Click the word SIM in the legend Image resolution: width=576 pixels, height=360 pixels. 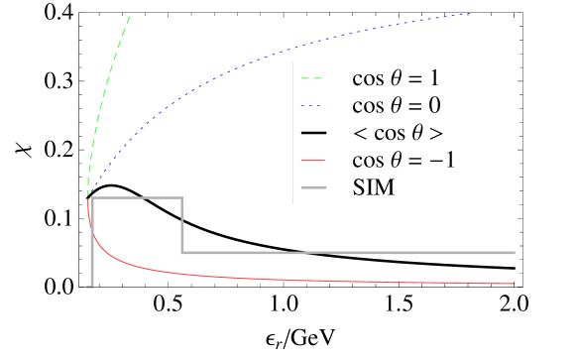click(x=374, y=186)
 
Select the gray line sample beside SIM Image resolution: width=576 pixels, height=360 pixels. click(x=315, y=186)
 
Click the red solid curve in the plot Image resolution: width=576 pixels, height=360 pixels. click(x=248, y=275)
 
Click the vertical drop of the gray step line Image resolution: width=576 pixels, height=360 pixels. click(x=182, y=226)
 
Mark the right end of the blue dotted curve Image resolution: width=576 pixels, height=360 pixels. click(x=469, y=13)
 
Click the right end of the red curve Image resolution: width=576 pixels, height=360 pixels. click(x=513, y=284)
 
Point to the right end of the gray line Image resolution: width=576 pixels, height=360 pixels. click(x=515, y=253)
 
